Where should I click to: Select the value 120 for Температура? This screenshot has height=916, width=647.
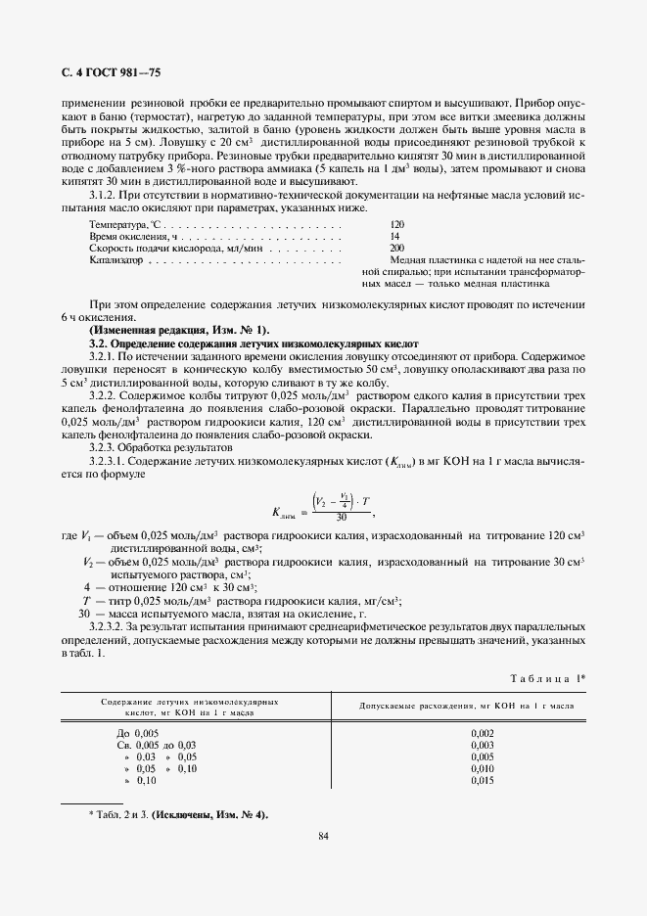click(x=396, y=224)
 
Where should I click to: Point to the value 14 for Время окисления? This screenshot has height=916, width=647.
click(x=394, y=237)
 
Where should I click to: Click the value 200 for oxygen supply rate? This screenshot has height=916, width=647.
click(x=396, y=249)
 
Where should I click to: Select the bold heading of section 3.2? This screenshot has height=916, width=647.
click(x=253, y=344)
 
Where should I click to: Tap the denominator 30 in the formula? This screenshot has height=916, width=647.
click(x=341, y=517)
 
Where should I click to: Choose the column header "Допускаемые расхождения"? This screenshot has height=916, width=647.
click(x=465, y=705)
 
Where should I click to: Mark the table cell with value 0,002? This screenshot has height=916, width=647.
click(x=483, y=732)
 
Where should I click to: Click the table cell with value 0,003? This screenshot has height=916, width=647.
click(x=483, y=745)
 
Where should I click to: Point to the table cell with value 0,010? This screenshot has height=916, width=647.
click(x=483, y=768)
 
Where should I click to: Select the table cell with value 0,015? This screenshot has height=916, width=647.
click(x=483, y=780)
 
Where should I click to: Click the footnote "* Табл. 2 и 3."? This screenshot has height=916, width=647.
click(x=122, y=814)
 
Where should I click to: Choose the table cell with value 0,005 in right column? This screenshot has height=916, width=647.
click(x=483, y=756)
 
